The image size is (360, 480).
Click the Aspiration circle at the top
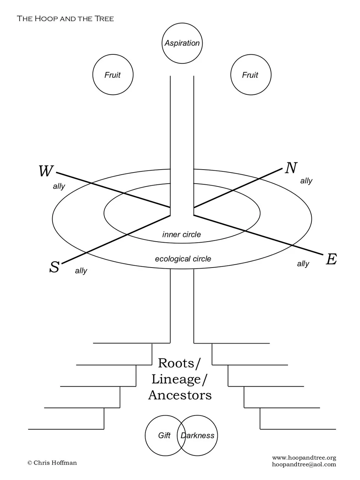(x=182, y=43)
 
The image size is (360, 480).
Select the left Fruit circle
(x=113, y=75)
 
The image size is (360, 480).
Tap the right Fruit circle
(x=250, y=75)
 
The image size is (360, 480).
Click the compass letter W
(x=46, y=171)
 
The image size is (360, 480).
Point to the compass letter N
(x=291, y=168)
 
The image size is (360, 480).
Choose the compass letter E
(x=331, y=259)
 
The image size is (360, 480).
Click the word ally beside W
(x=59, y=186)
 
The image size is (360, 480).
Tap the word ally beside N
(x=306, y=181)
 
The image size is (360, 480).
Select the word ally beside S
(x=81, y=271)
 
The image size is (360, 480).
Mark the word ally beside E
(x=303, y=264)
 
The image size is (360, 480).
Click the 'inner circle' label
(x=181, y=235)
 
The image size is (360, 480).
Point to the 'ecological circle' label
(x=183, y=259)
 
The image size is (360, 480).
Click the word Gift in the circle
(x=164, y=436)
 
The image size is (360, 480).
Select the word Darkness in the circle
(x=197, y=436)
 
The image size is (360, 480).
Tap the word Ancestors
(x=180, y=395)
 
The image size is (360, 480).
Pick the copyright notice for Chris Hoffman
(x=52, y=463)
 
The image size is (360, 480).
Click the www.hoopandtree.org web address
(x=304, y=458)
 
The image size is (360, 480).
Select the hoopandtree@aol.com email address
(x=304, y=465)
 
